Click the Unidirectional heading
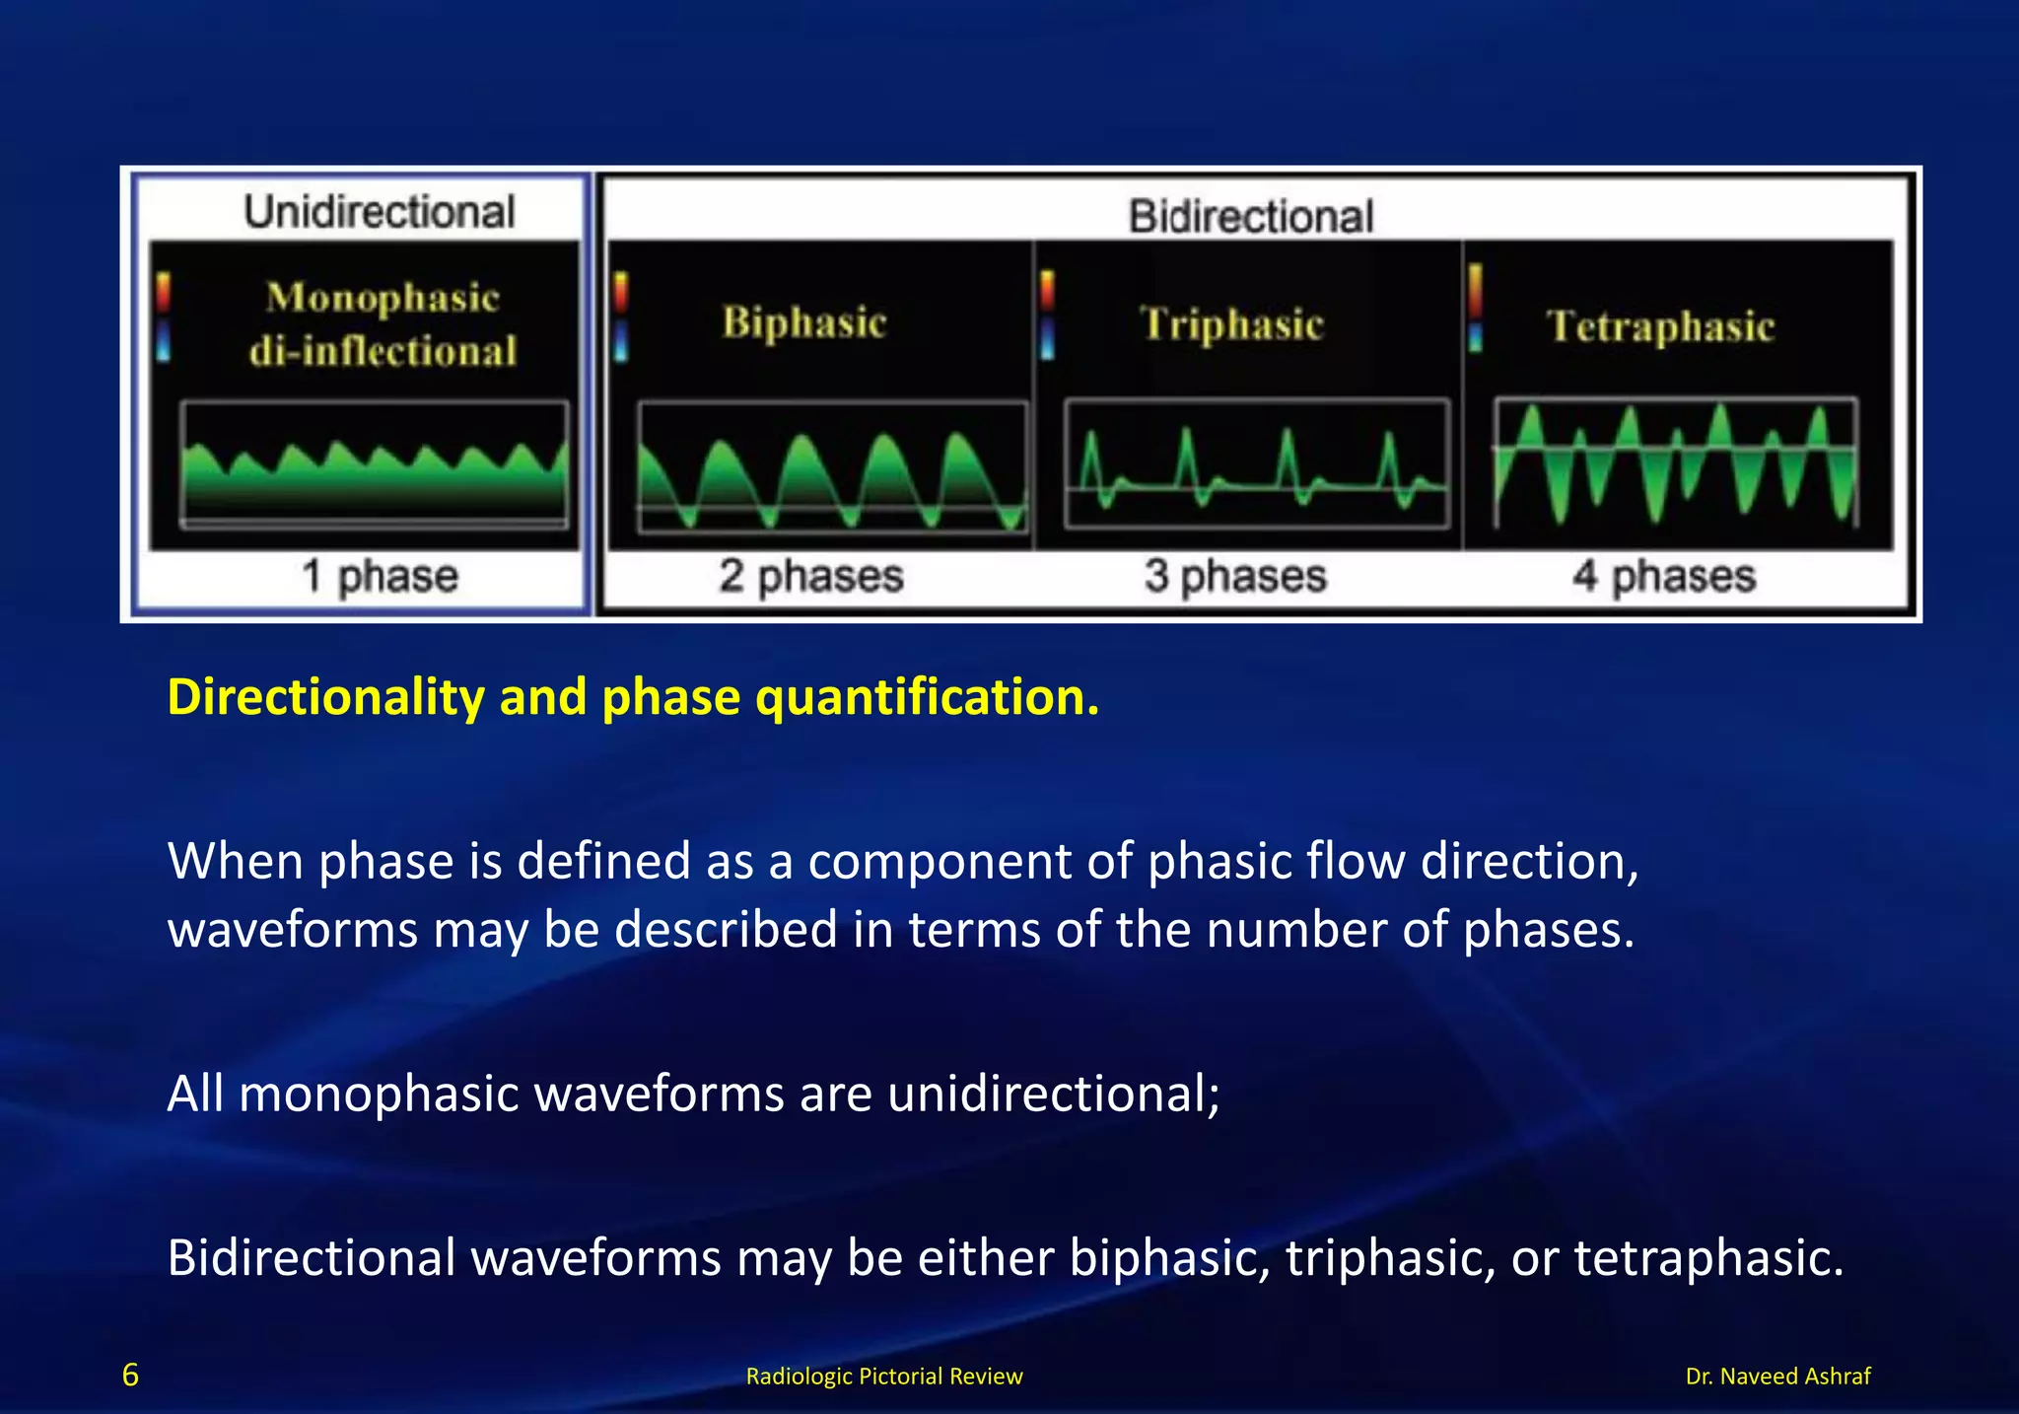click(380, 212)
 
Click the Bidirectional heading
click(1250, 217)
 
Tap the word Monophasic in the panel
click(383, 298)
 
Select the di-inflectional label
click(383, 352)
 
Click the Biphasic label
click(804, 323)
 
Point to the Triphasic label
click(1232, 324)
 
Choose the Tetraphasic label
click(1660, 326)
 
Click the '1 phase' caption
click(380, 576)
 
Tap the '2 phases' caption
click(810, 576)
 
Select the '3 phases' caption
click(1235, 576)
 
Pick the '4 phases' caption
click(1664, 576)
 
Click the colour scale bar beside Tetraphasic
click(1475, 307)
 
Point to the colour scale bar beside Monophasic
click(164, 318)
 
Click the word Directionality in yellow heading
click(325, 697)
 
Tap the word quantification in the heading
click(926, 697)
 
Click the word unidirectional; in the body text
click(1053, 1095)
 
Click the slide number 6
click(130, 1376)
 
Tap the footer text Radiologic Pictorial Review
click(884, 1377)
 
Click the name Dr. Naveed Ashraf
click(1777, 1377)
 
